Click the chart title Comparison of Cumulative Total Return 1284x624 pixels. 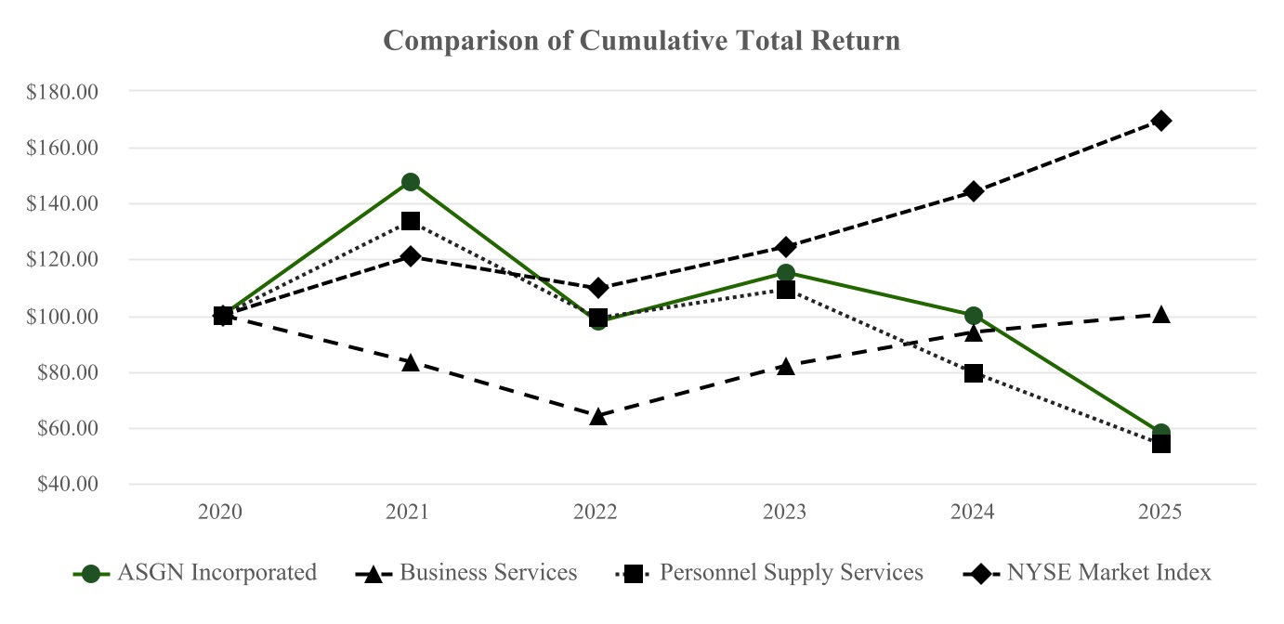click(x=641, y=41)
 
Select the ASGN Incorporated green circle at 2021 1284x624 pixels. click(x=410, y=182)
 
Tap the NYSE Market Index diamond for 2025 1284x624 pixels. click(x=1160, y=121)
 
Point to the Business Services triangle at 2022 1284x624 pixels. click(x=598, y=416)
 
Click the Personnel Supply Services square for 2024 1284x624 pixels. click(x=973, y=373)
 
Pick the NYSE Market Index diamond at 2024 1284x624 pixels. click(x=973, y=191)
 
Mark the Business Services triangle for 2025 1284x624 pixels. click(x=1160, y=315)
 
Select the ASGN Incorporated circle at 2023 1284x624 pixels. click(x=785, y=273)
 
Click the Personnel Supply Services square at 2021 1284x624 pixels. click(x=410, y=221)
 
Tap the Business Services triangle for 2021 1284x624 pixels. click(x=410, y=362)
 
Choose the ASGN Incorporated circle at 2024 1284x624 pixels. click(x=973, y=316)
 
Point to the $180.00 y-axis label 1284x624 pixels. click(x=62, y=92)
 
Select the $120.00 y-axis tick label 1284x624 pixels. click(x=62, y=259)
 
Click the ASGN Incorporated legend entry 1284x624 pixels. click(x=216, y=573)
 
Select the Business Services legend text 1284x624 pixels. click(x=488, y=573)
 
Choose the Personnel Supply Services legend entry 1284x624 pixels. click(x=791, y=573)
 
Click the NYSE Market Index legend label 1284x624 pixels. click(x=1108, y=573)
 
